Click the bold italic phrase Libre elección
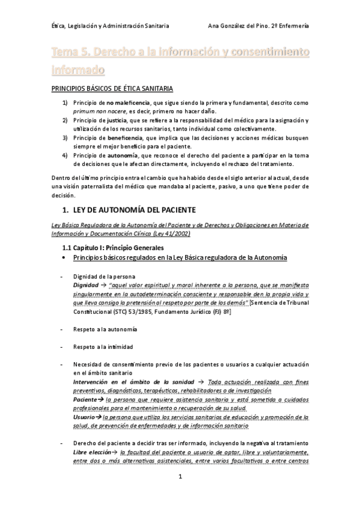click(x=91, y=452)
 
